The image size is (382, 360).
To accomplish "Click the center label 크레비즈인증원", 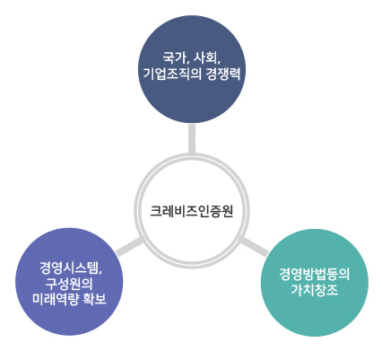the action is click(x=191, y=211).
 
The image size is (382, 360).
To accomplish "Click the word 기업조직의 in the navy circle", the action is click(x=172, y=74).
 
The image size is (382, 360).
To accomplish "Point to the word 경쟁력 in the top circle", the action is click(x=223, y=74).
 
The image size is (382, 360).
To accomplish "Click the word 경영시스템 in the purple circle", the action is click(x=69, y=268).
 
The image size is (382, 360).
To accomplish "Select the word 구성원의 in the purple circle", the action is click(x=69, y=284).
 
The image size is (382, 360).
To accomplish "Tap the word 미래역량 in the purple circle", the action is click(x=55, y=299).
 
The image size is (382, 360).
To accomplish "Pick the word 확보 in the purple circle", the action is click(x=94, y=299).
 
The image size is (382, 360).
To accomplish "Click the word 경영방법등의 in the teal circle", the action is click(x=315, y=274).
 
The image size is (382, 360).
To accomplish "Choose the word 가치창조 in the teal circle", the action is click(x=315, y=290).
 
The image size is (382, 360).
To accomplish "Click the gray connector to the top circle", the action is click(x=192, y=138).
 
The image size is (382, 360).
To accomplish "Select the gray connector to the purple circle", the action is click(x=129, y=247).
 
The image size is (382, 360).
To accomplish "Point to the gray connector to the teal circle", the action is click(x=255, y=247).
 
